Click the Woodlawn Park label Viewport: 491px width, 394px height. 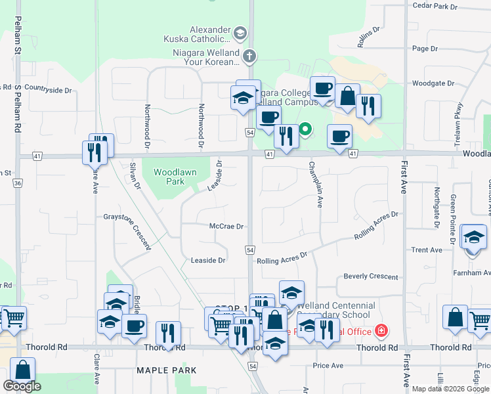(x=169, y=177)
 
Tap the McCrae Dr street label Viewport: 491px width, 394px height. (x=226, y=227)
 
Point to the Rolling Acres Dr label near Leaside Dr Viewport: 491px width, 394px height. (x=282, y=258)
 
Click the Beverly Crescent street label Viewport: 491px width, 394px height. (x=371, y=276)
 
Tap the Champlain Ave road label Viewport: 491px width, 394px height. (x=316, y=185)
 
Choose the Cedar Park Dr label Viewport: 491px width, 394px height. (x=434, y=6)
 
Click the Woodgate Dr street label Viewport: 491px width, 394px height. (x=433, y=83)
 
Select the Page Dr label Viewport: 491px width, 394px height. (x=425, y=49)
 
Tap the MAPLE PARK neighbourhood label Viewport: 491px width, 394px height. (x=167, y=370)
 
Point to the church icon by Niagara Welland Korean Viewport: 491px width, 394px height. (x=249, y=56)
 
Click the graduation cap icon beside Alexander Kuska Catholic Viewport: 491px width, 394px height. (x=241, y=32)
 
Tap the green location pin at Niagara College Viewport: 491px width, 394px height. (x=305, y=130)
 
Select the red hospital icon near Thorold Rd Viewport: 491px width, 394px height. (x=380, y=330)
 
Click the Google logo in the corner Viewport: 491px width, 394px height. (x=22, y=386)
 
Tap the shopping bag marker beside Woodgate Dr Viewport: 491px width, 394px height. (x=347, y=96)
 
